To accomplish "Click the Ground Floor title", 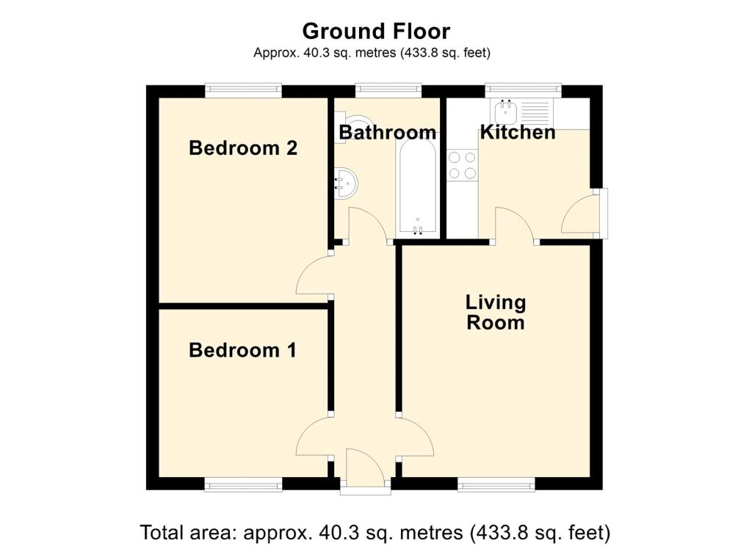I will click(376, 31).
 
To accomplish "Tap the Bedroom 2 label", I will click(243, 148).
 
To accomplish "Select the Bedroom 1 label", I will click(243, 351).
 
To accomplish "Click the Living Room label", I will click(496, 313).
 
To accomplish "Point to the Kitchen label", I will click(518, 133).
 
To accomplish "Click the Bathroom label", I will click(387, 133).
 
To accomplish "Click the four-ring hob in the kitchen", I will click(462, 164).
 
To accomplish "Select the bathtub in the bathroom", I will click(416, 187).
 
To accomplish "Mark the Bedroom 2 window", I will click(243, 90).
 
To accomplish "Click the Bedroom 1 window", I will click(243, 484).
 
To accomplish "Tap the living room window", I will click(496, 484).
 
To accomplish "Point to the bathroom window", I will click(388, 90).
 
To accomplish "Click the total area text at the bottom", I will click(375, 531).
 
